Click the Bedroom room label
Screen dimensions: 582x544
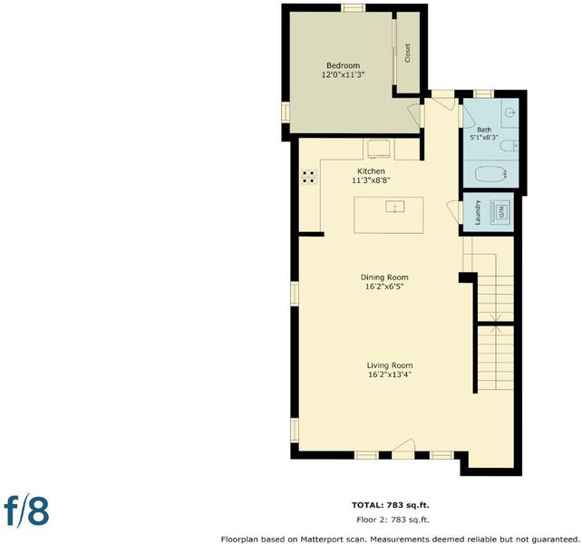click(343, 65)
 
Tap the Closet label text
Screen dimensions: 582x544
click(408, 53)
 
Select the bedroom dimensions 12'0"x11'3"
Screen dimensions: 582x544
click(344, 74)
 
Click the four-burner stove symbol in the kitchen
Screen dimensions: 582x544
click(309, 177)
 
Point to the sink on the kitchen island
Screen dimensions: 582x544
click(395, 207)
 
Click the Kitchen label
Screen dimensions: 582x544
click(371, 171)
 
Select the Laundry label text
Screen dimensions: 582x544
click(478, 213)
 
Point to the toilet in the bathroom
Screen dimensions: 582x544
click(509, 146)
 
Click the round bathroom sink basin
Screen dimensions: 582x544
click(510, 111)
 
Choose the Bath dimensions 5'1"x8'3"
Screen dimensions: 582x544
click(484, 137)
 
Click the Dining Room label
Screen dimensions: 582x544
click(384, 277)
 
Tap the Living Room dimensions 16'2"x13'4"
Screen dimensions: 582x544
click(390, 374)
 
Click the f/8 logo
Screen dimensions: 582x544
click(26, 512)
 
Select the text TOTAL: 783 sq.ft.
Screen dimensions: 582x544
click(391, 505)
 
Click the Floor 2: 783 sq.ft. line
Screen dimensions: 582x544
click(393, 520)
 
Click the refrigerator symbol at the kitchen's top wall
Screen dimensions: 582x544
click(379, 150)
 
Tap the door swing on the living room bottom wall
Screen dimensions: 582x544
click(403, 445)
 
